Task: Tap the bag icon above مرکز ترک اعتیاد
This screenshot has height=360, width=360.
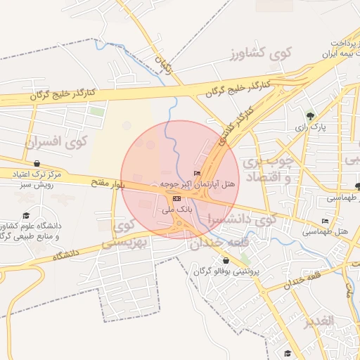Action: coord(37,162)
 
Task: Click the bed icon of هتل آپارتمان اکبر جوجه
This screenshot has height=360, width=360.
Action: coord(196,174)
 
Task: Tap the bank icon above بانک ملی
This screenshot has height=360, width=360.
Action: coord(176,199)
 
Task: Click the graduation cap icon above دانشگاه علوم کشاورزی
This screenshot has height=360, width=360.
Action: coord(27,215)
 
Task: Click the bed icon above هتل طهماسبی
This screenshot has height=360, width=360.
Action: coord(324,220)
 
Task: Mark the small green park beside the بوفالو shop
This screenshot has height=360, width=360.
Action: coord(245,259)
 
